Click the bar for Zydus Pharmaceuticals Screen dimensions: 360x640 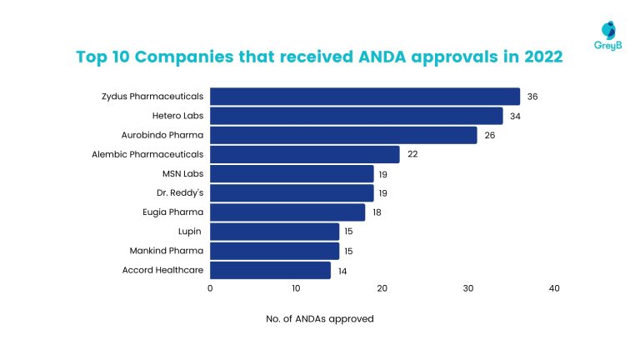[x=364, y=97]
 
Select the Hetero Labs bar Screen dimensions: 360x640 [x=356, y=116]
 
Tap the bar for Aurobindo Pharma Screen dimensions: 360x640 [x=342, y=135]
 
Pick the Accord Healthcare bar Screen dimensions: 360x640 [x=270, y=270]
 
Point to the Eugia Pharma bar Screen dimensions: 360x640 [x=287, y=212]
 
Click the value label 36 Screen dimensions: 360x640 [x=532, y=97]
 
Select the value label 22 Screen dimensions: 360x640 [x=412, y=154]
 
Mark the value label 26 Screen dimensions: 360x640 [x=489, y=135]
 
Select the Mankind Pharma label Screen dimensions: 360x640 [x=166, y=251]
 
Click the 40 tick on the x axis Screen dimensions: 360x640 [x=554, y=288]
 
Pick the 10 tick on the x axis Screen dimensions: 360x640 [x=296, y=288]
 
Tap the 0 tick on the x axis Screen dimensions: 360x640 [x=210, y=288]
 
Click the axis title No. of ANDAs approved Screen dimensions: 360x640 [x=320, y=318]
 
